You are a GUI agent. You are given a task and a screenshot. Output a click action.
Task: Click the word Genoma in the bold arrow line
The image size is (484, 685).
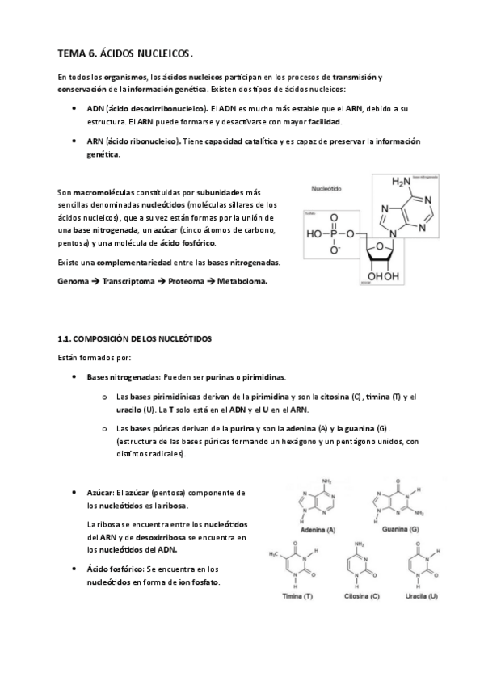(x=75, y=282)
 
